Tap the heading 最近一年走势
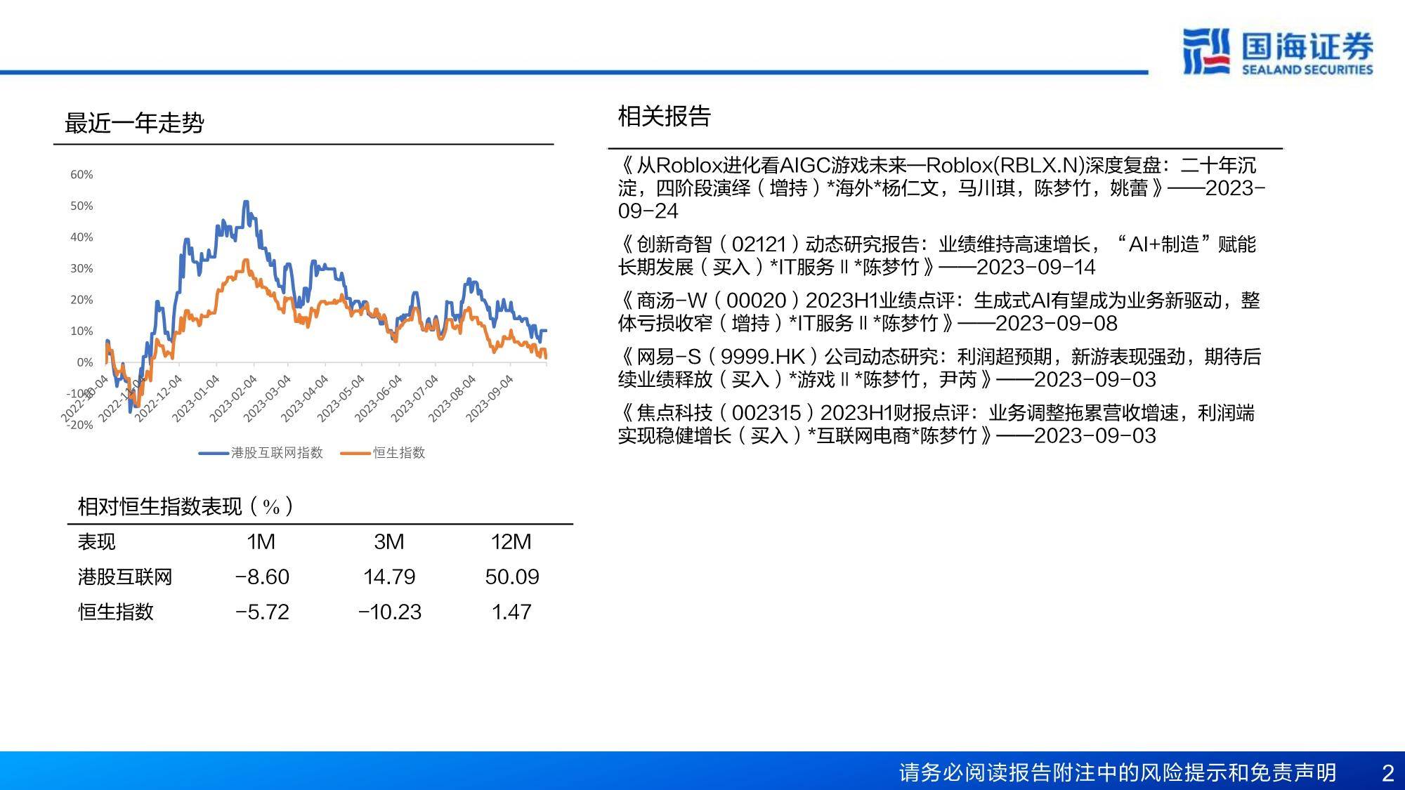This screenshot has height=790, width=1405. pyautogui.click(x=134, y=123)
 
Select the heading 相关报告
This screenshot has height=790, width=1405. pyautogui.click(x=665, y=116)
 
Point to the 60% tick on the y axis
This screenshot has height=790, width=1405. pyautogui.click(x=81, y=174)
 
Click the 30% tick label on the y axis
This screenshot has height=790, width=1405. pyautogui.click(x=81, y=268)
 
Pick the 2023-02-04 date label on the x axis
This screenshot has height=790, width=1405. pyautogui.click(x=233, y=399)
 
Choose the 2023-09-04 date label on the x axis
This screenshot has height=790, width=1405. pyautogui.click(x=490, y=399)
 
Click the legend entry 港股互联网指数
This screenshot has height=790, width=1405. pyautogui.click(x=261, y=453)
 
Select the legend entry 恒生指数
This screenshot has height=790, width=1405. pyautogui.click(x=383, y=453)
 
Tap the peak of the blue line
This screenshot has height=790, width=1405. pyautogui.click(x=245, y=202)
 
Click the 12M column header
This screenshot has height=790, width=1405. pyautogui.click(x=511, y=541)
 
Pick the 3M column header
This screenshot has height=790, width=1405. pyautogui.click(x=389, y=541)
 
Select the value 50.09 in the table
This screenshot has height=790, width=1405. pyautogui.click(x=512, y=577)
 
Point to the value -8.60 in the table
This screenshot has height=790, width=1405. pyautogui.click(x=262, y=577)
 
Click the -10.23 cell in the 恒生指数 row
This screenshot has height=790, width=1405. pyautogui.click(x=390, y=612)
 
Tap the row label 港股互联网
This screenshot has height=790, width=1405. pyautogui.click(x=125, y=577)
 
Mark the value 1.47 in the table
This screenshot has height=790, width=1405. pyautogui.click(x=511, y=612)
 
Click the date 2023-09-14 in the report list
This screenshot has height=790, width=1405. pyautogui.click(x=1036, y=267)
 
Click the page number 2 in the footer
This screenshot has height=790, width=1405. pyautogui.click(x=1387, y=773)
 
